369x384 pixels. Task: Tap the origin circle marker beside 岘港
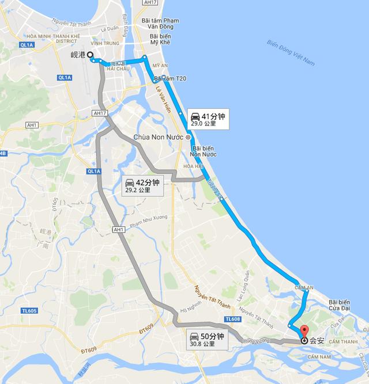point(91,55)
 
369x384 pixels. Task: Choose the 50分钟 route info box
point(206,339)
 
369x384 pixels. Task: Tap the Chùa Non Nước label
point(158,138)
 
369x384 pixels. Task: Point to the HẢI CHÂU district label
point(118,68)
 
